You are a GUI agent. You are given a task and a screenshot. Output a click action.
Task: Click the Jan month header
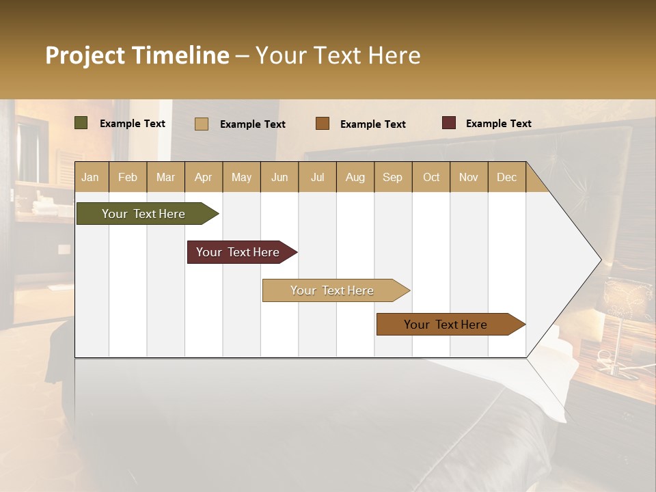tap(91, 177)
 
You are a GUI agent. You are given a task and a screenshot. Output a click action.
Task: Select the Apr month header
tap(203, 177)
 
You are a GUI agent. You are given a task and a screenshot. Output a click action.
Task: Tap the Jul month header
tap(317, 177)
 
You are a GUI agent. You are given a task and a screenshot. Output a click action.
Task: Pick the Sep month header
tap(392, 177)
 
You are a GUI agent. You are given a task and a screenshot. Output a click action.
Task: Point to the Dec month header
tap(506, 177)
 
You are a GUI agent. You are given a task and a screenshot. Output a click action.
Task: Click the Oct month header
tap(430, 177)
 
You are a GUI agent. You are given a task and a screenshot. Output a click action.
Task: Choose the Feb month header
tap(128, 177)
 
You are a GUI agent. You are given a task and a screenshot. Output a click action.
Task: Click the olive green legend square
tap(81, 123)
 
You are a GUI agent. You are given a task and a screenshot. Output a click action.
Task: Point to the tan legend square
tap(201, 124)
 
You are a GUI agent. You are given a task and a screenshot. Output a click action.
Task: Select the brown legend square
tap(323, 124)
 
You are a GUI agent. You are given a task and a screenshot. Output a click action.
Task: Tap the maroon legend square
tap(448, 123)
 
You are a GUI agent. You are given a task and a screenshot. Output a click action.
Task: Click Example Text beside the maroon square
tap(498, 124)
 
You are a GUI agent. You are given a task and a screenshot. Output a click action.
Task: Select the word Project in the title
tap(85, 55)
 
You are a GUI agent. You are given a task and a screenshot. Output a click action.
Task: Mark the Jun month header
tap(279, 177)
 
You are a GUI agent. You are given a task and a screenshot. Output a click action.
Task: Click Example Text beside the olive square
tap(132, 124)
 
